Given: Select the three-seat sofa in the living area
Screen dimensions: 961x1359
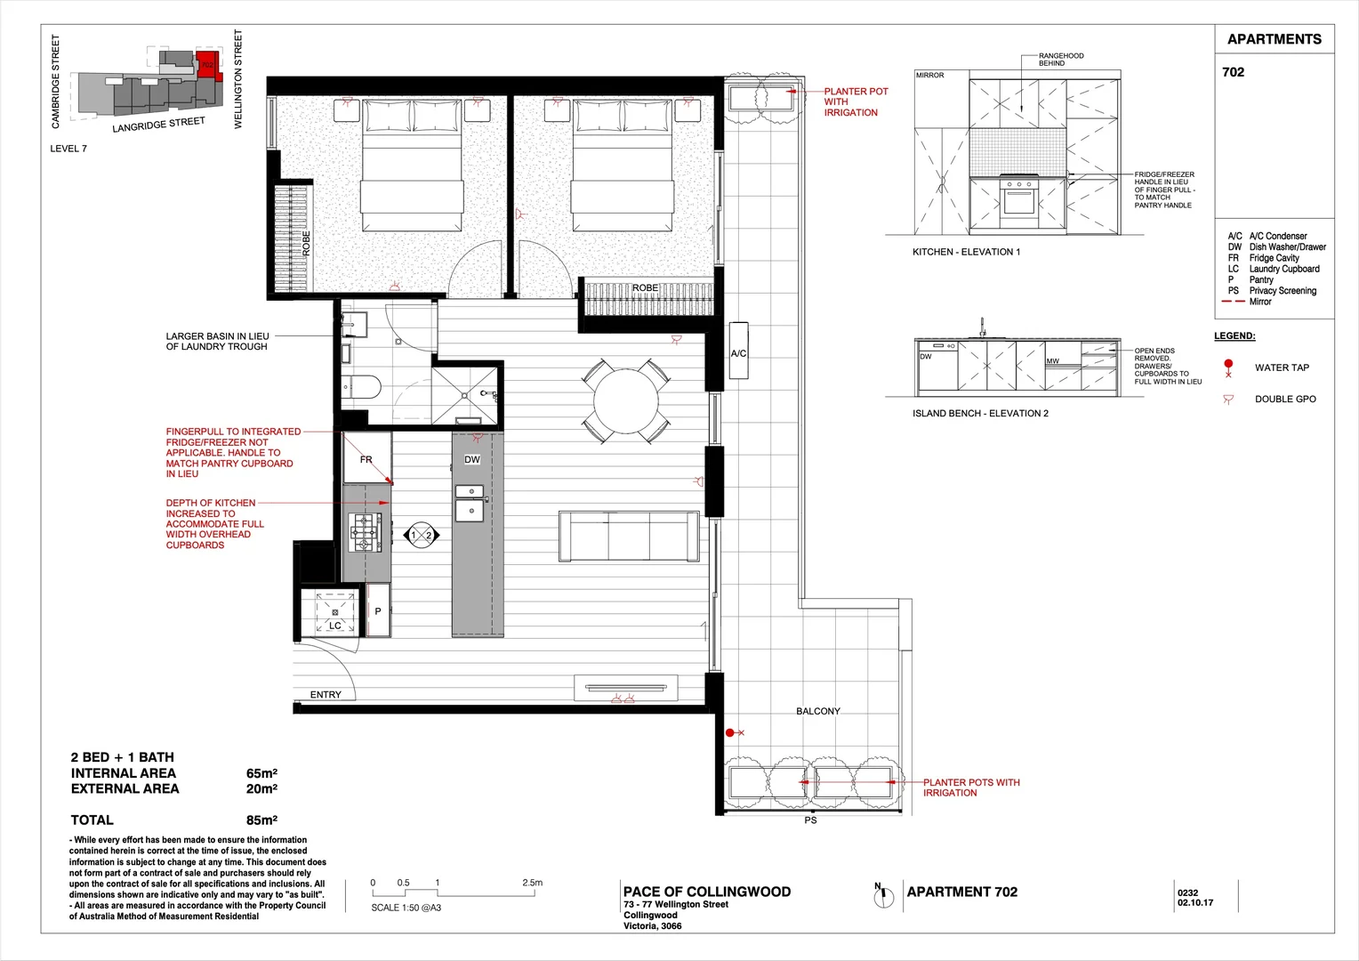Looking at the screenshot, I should click(629, 536).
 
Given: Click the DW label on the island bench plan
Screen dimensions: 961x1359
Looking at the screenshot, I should click(472, 459).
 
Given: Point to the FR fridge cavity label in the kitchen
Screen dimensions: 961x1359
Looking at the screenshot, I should click(366, 460).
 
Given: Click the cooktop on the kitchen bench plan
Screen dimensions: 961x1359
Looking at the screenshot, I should click(366, 532).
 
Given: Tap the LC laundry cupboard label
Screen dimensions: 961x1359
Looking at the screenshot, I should click(335, 626).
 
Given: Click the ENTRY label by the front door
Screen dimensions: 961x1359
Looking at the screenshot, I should click(326, 695).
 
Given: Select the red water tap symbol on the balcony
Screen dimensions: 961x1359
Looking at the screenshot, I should click(731, 733).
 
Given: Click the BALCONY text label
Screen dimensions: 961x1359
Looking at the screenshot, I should click(817, 711).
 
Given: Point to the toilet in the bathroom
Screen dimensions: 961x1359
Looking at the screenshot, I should click(364, 387).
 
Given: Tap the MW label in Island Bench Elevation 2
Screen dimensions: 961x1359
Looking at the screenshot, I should click(1053, 361).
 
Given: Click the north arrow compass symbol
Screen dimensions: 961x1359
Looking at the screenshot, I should click(883, 898).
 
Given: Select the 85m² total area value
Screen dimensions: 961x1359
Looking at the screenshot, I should click(261, 820).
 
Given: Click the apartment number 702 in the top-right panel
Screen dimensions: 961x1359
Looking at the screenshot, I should click(1234, 72).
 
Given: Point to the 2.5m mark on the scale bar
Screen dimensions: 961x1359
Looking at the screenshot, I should click(532, 883).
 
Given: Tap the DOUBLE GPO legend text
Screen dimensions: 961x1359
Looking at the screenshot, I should click(1285, 400).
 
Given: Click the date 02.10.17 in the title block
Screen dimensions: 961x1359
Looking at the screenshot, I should click(1194, 903).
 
